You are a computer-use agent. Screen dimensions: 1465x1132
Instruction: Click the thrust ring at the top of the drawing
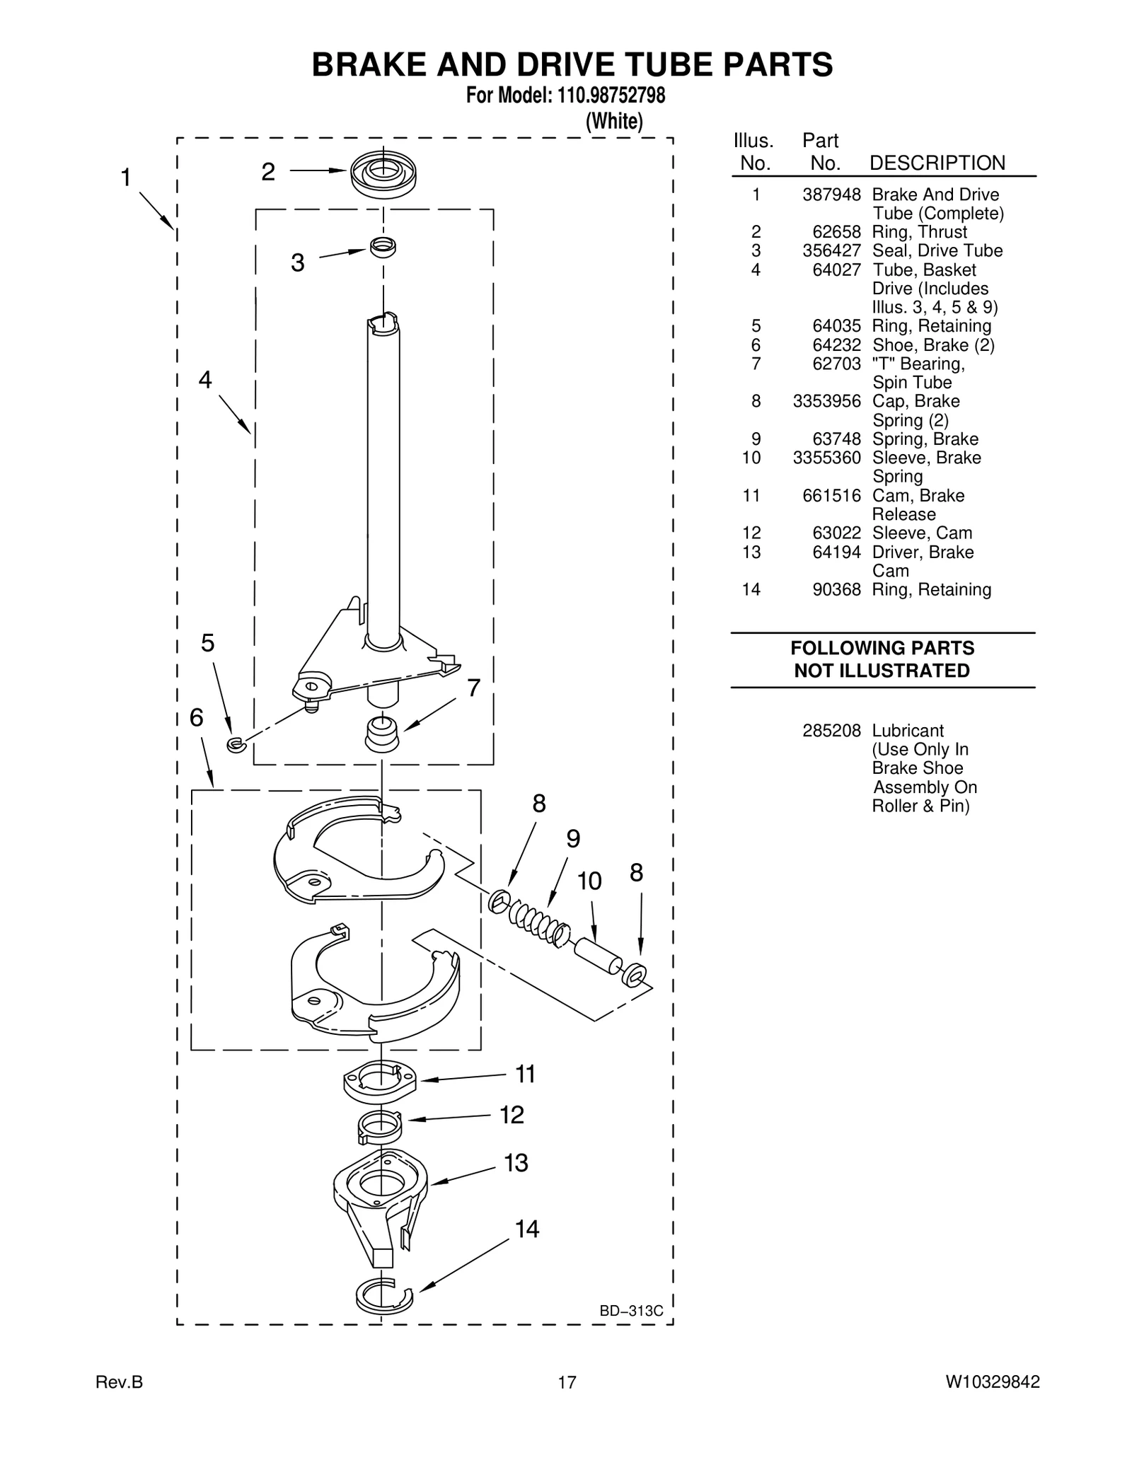[383, 173]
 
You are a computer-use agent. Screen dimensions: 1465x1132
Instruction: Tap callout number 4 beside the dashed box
[205, 381]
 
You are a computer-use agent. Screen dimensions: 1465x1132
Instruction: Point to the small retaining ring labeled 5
[236, 743]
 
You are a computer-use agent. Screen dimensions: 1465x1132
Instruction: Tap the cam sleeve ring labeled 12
[380, 1123]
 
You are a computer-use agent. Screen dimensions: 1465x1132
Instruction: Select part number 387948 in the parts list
[831, 195]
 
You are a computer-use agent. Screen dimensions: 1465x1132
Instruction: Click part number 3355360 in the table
[826, 458]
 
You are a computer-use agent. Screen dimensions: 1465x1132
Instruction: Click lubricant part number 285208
[831, 730]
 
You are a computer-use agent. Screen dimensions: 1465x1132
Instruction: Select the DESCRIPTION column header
[937, 163]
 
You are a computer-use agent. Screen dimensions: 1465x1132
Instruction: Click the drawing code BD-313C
[631, 1311]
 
